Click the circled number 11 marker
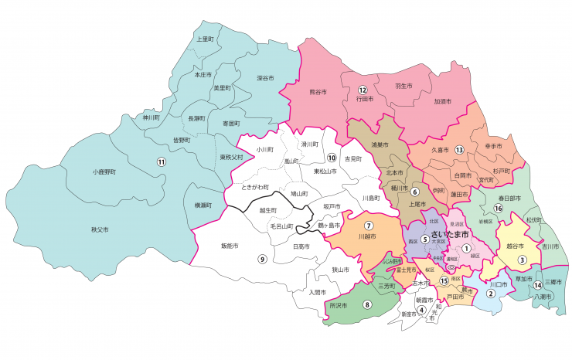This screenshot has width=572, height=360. [x=162, y=161]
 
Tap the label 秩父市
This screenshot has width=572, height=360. [x=100, y=229]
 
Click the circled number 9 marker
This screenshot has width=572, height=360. [x=262, y=259]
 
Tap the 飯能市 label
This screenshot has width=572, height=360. [x=230, y=246]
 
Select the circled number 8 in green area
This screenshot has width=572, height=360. [x=367, y=304]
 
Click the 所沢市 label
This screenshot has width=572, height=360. [x=337, y=305]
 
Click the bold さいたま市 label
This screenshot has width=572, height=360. [x=451, y=234]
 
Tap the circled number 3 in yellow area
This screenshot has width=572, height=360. [x=522, y=260]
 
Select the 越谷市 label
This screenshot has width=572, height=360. [x=515, y=246]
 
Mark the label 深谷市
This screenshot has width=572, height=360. [x=266, y=77]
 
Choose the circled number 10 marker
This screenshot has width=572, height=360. [x=319, y=158]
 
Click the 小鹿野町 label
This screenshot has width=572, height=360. [x=102, y=172]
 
